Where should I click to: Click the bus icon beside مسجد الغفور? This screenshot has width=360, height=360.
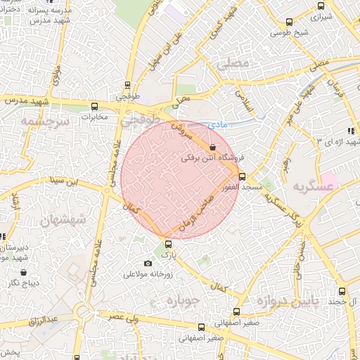(242, 176)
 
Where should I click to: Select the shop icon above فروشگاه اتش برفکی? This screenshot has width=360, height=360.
(212, 147)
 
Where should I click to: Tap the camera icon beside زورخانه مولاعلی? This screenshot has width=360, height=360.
(148, 264)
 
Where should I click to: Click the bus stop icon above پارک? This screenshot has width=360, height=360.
(167, 244)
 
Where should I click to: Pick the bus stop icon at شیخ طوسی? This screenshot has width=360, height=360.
(290, 22)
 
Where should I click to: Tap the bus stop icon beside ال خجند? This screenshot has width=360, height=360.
(342, 291)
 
